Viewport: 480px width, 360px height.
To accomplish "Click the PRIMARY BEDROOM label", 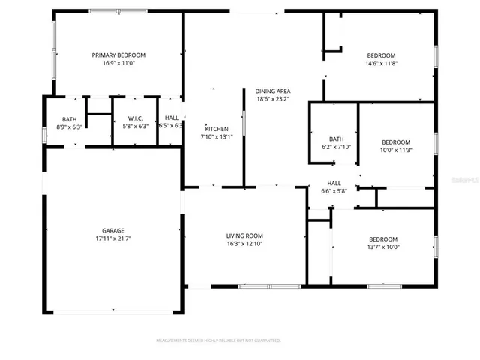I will (118, 55).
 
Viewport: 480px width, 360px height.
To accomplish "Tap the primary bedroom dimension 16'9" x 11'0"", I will (118, 64).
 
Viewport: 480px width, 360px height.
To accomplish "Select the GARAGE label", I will (113, 230).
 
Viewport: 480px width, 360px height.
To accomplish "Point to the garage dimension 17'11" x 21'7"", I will (113, 239).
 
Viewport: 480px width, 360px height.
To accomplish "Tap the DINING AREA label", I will (273, 91).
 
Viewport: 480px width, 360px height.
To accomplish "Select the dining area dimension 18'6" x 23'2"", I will (273, 99).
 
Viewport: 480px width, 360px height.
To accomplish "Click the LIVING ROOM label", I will (244, 235).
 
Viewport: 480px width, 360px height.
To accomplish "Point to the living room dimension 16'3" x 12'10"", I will (244, 244).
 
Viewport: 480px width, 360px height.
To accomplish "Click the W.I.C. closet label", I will (136, 118).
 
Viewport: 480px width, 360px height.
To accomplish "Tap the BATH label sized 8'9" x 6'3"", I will (69, 118).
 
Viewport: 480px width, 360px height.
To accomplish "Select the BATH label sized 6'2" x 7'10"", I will (336, 139).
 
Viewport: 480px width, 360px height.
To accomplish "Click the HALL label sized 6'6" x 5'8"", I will (334, 183).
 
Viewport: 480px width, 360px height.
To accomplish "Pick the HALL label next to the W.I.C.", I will (172, 118).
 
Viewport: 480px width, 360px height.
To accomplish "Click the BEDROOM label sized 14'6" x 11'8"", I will (381, 55).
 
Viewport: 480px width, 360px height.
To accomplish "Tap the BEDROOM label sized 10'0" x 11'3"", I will (396, 142).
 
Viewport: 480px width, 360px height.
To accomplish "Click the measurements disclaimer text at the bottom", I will (218, 340).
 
